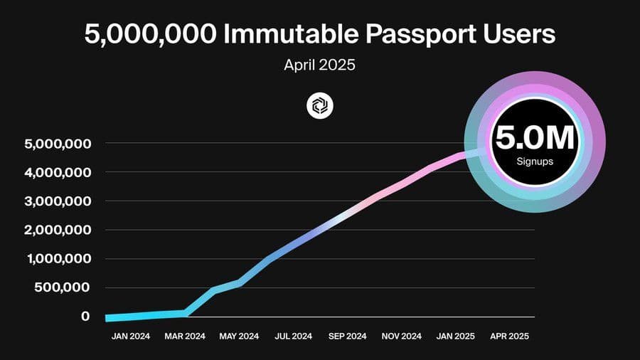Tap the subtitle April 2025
(x=319, y=65)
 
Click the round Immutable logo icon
(x=319, y=106)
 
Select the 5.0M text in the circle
(x=534, y=137)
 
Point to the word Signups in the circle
(x=534, y=162)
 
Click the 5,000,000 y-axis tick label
(x=58, y=144)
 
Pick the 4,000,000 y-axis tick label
(x=58, y=172)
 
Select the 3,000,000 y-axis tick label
(x=58, y=201)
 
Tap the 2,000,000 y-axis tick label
(x=58, y=230)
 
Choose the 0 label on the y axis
(x=85, y=316)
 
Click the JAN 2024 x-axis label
(x=131, y=337)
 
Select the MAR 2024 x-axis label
(x=185, y=337)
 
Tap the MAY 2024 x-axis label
(x=239, y=337)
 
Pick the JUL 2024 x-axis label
(x=293, y=337)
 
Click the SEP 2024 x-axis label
(x=347, y=337)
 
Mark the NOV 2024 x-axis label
(x=402, y=337)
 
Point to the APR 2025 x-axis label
(x=509, y=337)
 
